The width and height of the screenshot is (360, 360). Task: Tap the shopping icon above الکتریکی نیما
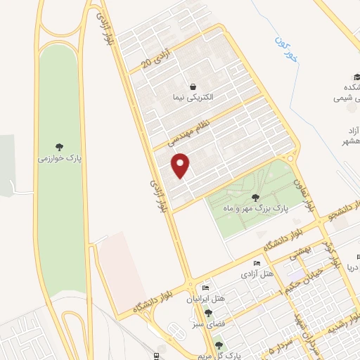click(x=193, y=86)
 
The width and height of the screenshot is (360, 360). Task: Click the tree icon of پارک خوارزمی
click(x=60, y=148)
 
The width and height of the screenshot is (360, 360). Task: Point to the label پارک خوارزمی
click(x=60, y=159)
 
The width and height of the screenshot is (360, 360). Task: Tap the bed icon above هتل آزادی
click(x=257, y=263)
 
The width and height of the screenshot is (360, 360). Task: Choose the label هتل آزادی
click(x=257, y=273)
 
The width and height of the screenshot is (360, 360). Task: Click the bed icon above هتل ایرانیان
click(x=205, y=288)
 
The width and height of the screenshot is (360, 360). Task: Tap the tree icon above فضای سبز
click(x=207, y=314)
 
